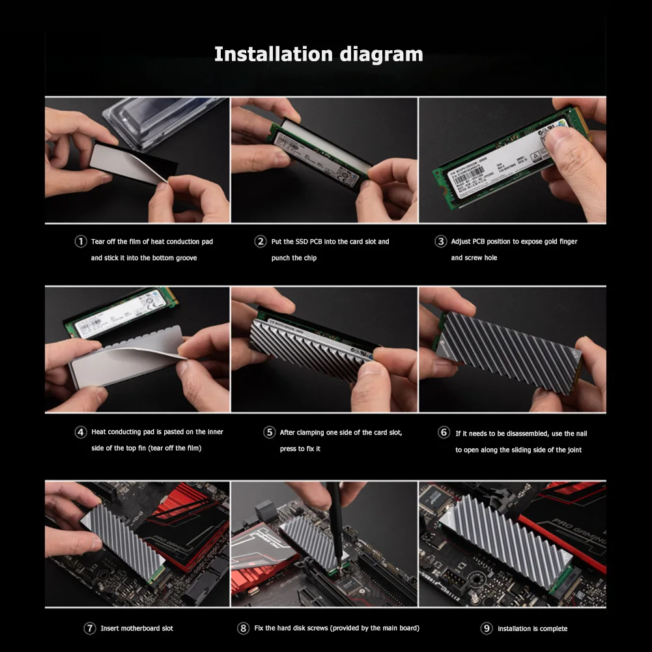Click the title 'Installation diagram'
click(319, 54)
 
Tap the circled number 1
click(81, 242)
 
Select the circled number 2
click(261, 242)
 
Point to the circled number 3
click(440, 242)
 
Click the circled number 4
click(81, 432)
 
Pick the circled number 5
click(269, 432)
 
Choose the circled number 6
click(444, 432)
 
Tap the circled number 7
click(90, 629)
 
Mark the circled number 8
click(243, 629)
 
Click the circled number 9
click(486, 629)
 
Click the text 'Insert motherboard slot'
click(137, 629)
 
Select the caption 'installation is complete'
click(532, 629)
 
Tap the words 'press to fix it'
click(300, 449)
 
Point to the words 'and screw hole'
click(474, 258)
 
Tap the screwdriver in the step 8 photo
click(333, 521)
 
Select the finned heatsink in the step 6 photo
click(508, 352)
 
